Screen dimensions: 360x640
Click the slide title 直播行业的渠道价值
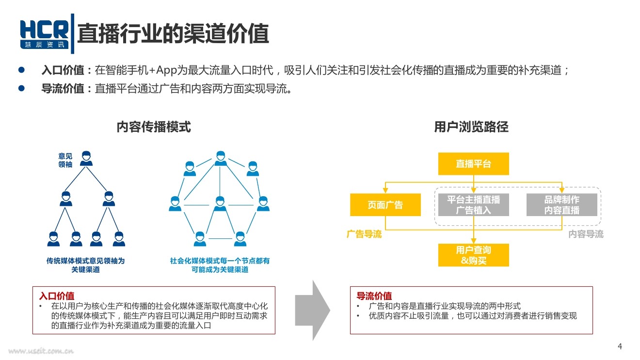point(173,33)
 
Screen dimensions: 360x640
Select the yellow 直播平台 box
point(473,164)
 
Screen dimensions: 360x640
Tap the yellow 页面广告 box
point(385,204)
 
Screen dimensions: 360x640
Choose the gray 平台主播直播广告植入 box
point(473,204)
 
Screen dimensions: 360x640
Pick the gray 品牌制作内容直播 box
point(561,204)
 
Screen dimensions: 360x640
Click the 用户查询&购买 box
point(473,255)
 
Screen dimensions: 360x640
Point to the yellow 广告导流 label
point(364,235)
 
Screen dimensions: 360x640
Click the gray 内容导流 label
point(586,235)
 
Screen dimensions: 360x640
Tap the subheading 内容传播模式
point(154,127)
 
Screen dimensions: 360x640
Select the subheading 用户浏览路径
point(471,127)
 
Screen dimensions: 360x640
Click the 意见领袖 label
point(65,160)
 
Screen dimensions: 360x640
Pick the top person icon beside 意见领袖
point(86,159)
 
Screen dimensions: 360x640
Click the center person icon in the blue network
point(220,203)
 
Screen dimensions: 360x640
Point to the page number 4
point(620,346)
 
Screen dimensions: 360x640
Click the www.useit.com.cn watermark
point(41,351)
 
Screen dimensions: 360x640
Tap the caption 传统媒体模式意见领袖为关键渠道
point(85,265)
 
